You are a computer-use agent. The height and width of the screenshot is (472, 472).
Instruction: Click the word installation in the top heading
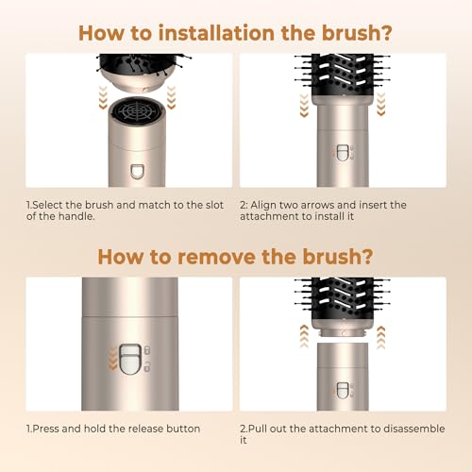point(216,33)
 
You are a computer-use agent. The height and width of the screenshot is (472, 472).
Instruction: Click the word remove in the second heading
point(216,257)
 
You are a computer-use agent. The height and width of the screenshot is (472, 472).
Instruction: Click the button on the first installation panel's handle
point(138,172)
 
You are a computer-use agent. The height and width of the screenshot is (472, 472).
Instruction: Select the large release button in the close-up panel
point(130,359)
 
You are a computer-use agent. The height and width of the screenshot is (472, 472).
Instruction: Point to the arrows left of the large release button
point(112,359)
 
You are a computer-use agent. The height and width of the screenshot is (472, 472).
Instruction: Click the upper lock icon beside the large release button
point(147,350)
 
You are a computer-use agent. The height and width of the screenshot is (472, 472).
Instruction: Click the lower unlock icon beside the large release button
point(147,367)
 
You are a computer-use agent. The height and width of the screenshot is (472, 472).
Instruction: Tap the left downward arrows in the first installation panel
point(103,97)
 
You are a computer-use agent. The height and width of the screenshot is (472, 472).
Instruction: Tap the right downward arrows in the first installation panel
point(171,97)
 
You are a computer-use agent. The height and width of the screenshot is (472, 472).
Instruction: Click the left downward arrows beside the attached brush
point(304,106)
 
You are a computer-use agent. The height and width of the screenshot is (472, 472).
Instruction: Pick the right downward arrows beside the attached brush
point(381,104)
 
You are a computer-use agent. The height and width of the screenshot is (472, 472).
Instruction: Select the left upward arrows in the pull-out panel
point(304,336)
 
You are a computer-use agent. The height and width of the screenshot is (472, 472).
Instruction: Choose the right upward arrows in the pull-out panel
point(381,337)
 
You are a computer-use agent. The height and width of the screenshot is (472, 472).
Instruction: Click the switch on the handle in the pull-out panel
point(343,391)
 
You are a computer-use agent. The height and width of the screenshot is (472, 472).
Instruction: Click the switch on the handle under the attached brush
point(343,153)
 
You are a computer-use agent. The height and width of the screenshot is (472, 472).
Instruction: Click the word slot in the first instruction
point(214,205)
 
